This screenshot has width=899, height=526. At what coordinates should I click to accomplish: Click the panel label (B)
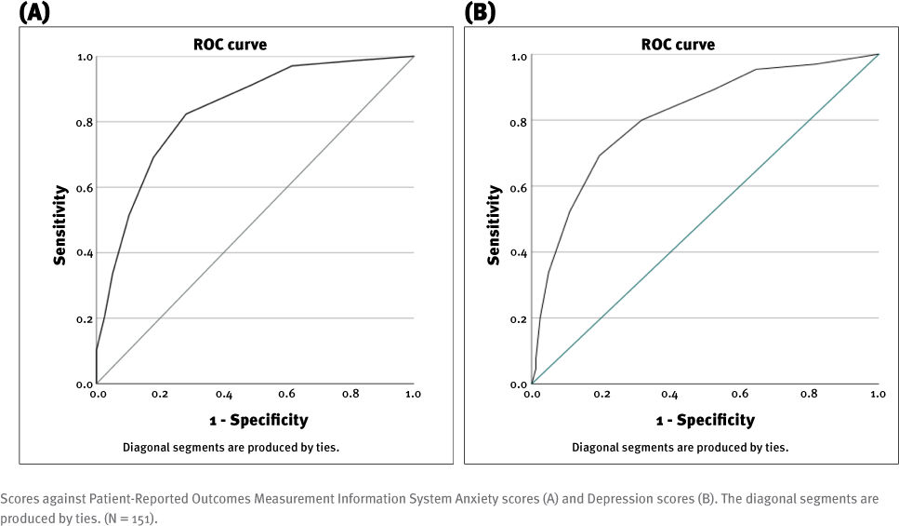click(480, 12)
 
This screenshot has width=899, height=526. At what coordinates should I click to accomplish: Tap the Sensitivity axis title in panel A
click(60, 224)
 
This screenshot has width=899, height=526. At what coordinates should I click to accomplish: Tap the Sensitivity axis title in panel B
click(495, 224)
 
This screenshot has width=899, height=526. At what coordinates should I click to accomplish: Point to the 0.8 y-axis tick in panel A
click(84, 122)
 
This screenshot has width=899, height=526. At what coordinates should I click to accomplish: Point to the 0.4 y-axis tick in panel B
click(519, 253)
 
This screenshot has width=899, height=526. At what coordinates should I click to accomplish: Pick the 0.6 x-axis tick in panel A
click(287, 395)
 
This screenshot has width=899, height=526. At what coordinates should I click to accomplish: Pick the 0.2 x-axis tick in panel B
click(601, 395)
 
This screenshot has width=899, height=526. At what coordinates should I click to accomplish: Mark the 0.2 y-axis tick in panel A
click(84, 318)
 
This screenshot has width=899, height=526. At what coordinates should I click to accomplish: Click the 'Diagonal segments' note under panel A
click(231, 447)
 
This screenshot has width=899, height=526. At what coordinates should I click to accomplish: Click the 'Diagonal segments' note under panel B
click(680, 447)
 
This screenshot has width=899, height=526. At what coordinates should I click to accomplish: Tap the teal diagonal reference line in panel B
click(705, 220)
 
